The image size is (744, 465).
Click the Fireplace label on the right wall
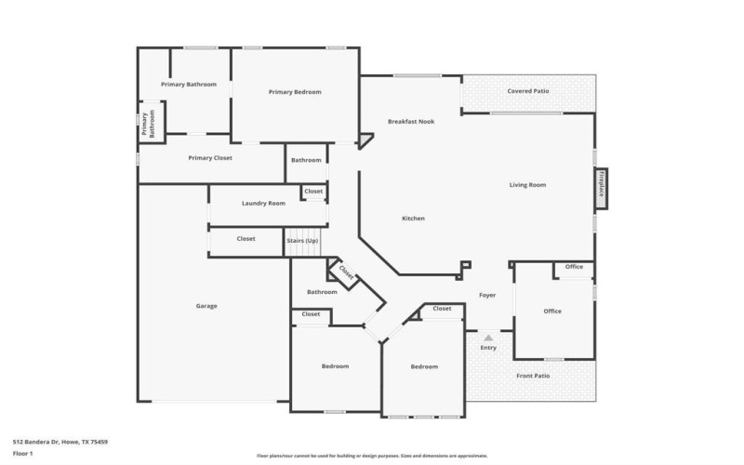tap(603, 185)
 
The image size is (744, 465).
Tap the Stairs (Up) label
tap(306, 241)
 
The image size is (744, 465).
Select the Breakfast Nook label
tap(411, 122)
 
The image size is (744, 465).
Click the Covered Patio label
tap(527, 91)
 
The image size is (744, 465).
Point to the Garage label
tap(206, 305)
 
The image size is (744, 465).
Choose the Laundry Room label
tap(263, 203)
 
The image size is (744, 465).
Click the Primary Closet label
tap(210, 158)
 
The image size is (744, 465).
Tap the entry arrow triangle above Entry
tap(488, 337)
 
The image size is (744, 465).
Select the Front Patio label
tap(533, 376)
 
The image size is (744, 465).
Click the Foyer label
tap(487, 296)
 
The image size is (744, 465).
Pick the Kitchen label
tap(413, 219)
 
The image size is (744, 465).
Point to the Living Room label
tap(527, 185)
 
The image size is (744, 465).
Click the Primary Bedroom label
tap(295, 92)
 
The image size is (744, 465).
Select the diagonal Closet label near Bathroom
tap(346, 273)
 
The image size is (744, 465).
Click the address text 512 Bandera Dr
tap(60, 442)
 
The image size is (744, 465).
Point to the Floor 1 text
tap(23, 453)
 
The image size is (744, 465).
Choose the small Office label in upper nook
tap(574, 267)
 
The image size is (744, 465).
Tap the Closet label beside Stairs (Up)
tap(246, 239)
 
